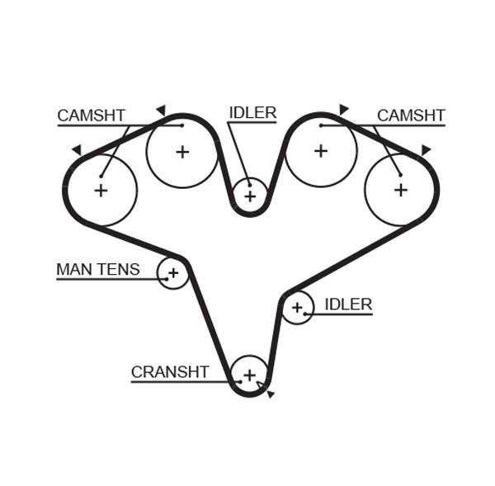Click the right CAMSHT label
[411, 116]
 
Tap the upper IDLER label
[252, 113]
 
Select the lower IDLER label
[348, 304]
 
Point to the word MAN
[74, 269]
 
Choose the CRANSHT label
[170, 372]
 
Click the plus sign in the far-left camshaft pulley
[101, 191]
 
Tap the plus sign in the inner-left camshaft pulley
[182, 152]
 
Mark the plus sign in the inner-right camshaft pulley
[320, 151]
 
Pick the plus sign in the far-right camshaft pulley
[401, 189]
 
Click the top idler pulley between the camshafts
[250, 196]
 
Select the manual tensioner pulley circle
[173, 272]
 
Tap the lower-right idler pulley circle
[298, 308]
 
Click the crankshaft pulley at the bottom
[249, 375]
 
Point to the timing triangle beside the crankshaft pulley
[270, 394]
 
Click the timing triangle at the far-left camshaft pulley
[77, 150]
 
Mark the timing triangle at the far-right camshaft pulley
[426, 149]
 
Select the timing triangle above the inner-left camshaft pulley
[161, 109]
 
